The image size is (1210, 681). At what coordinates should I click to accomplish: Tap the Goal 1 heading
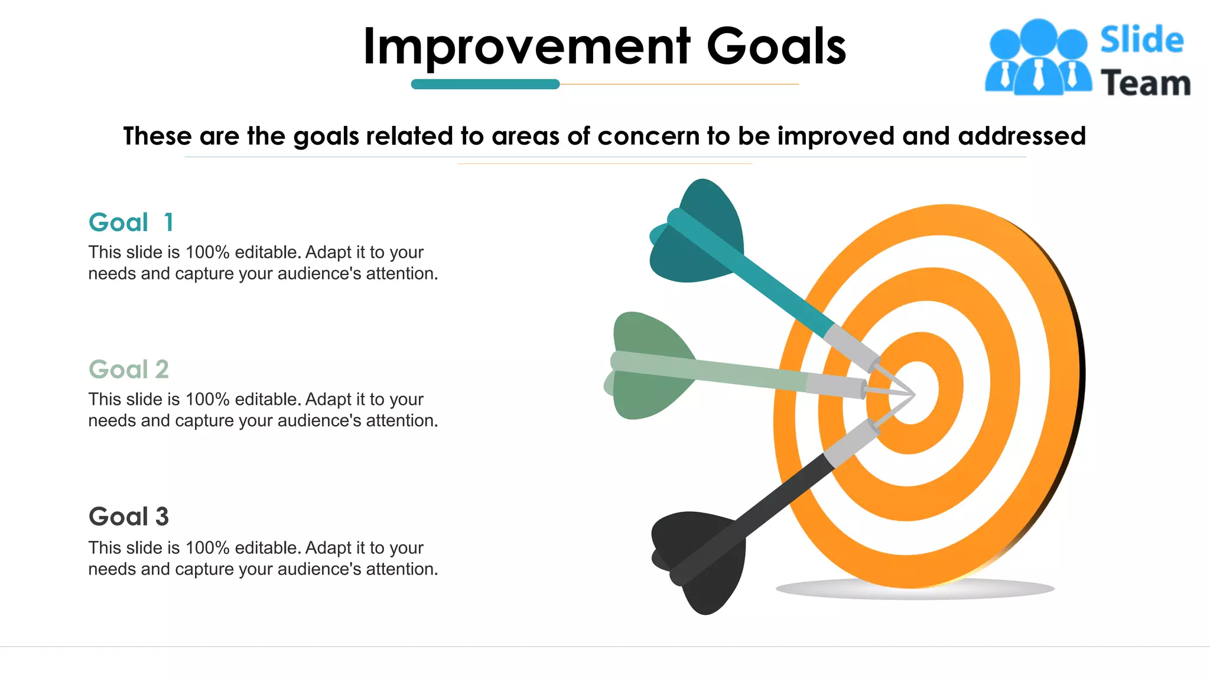point(131,223)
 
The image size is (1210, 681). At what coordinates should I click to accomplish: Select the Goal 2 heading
point(129,369)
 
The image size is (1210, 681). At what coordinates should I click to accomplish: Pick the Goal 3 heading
point(129,517)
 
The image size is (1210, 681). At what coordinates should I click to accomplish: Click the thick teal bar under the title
point(485,84)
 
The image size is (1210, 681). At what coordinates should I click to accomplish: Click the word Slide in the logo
point(1141,40)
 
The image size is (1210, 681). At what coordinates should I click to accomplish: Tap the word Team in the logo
point(1145,83)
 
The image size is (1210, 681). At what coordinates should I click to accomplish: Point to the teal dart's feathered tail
point(697,234)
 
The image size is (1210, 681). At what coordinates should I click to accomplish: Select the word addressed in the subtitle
point(1022,136)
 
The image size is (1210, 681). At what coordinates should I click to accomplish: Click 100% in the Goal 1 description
point(207,252)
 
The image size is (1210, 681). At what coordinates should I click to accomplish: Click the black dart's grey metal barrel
point(851,443)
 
